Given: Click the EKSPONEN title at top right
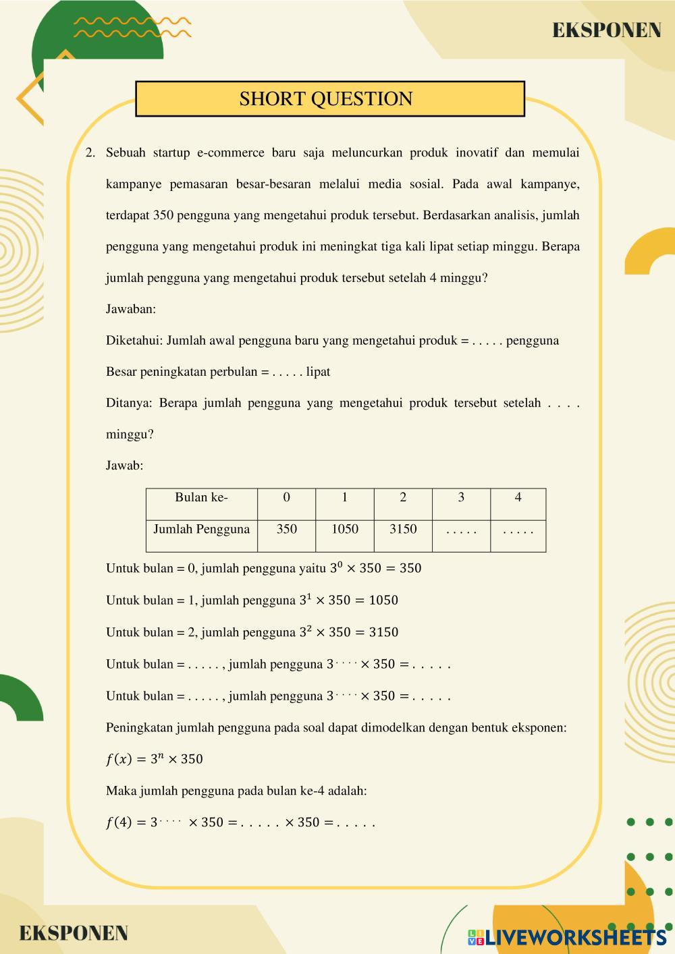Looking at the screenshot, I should tap(606, 30).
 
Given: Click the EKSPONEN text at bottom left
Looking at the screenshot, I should tap(73, 933).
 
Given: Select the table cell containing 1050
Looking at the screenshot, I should tap(344, 530).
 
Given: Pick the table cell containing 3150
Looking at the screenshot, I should tap(403, 530).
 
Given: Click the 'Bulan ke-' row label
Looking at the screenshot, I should tap(201, 498).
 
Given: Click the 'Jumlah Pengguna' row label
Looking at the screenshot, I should tap(201, 530).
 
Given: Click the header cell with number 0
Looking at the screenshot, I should tap(286, 498).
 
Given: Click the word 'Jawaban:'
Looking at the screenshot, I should tap(131, 309).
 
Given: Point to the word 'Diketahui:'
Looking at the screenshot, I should tap(134, 341).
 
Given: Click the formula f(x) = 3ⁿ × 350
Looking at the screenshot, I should tap(155, 759).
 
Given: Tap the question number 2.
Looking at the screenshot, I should tap(90, 152).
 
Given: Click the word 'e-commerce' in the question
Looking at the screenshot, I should tap(230, 152).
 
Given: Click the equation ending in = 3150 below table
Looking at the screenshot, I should tap(348, 632).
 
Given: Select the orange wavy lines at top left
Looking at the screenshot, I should tap(132, 26).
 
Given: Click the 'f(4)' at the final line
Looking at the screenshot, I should tap(119, 822).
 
